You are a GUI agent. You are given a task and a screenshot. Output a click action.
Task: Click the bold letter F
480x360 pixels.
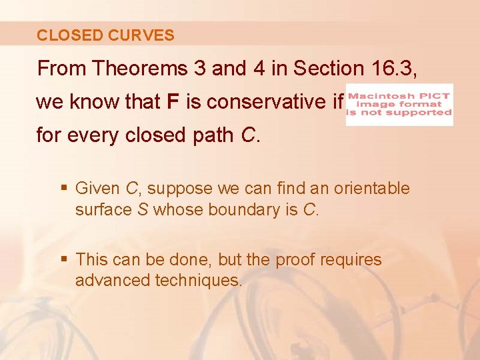[x=173, y=103]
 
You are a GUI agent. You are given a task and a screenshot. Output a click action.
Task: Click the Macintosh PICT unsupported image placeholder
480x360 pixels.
[x=399, y=104]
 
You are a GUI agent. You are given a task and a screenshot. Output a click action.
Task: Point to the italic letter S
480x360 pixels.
[x=142, y=210]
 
